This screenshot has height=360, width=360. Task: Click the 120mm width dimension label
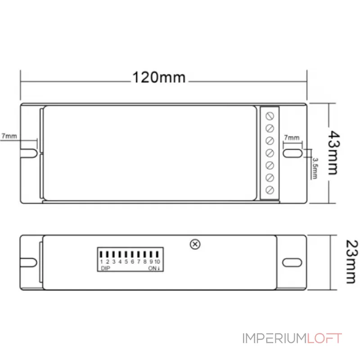coord(158,77)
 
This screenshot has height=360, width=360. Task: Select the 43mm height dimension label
coord(333,153)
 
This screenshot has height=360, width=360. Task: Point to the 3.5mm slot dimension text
coord(315,168)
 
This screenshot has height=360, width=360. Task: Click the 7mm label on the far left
coord(9,135)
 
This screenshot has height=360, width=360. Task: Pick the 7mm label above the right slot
coord(291,137)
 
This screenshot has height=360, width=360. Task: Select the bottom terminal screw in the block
coord(270,190)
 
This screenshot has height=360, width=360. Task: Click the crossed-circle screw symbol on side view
coord(195,244)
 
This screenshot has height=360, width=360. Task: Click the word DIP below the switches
coord(105,268)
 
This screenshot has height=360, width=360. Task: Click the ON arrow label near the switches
coord(155,268)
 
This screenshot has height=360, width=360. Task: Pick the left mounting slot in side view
coord(29,262)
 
